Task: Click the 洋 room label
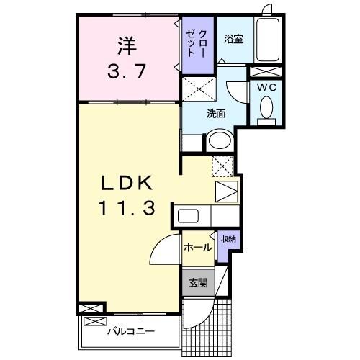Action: [127, 45]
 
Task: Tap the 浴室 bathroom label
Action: [233, 39]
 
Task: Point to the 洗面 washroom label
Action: [216, 113]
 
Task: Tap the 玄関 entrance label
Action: [198, 283]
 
